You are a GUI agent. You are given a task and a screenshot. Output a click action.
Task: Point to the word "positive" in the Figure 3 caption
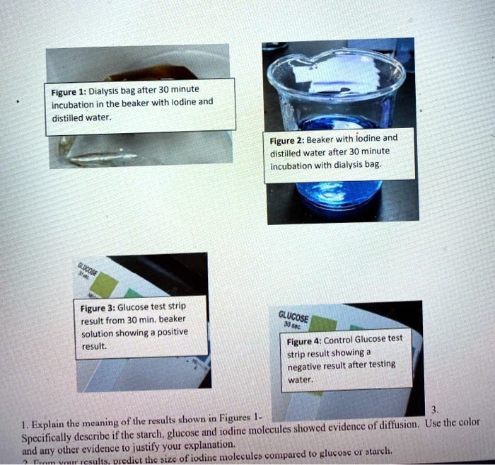(x=170, y=333)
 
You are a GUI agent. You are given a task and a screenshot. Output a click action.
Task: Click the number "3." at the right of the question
(x=434, y=411)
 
